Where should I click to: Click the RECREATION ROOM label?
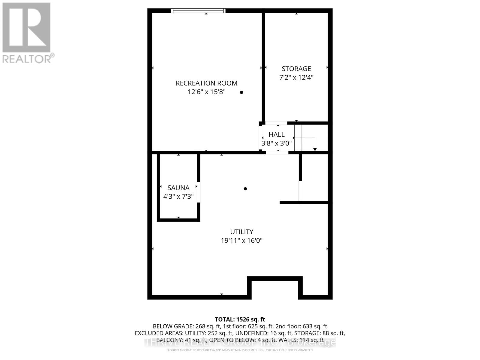point(206,83)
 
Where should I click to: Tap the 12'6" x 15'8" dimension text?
point(206,92)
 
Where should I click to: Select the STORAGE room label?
point(296,69)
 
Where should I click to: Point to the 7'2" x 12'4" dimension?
point(296,77)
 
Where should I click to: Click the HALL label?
point(276,134)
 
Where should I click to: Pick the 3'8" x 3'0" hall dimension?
point(276,143)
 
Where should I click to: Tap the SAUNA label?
point(178,188)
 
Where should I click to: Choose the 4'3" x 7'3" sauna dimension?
point(178,197)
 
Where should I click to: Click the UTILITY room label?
point(241,232)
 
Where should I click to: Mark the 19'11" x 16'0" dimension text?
point(241,241)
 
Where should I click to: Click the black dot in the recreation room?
point(241,92)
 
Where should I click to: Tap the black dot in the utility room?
point(245,189)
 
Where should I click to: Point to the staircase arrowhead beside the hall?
point(315,149)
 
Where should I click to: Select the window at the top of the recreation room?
point(198,11)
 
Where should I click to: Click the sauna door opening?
point(199,192)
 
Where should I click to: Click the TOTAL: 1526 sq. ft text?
point(240,319)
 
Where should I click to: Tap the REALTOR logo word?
point(28,58)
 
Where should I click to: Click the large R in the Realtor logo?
point(26,28)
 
